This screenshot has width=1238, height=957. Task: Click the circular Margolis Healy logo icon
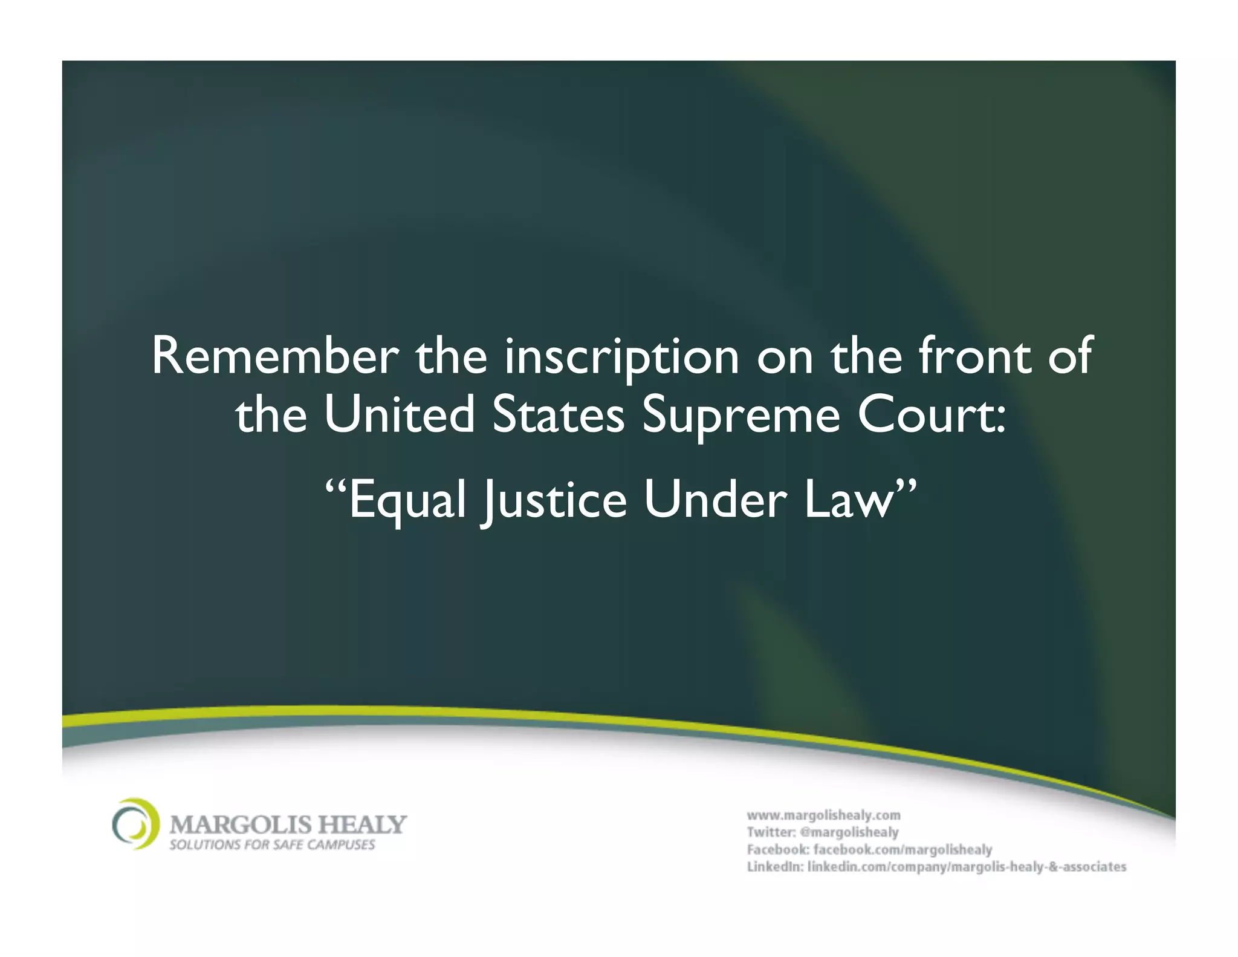pyautogui.click(x=135, y=824)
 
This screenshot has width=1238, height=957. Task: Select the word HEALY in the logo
pyautogui.click(x=363, y=825)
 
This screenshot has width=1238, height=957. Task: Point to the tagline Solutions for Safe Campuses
pyautogui.click(x=272, y=845)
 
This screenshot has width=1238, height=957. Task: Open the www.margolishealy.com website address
pyautogui.click(x=823, y=815)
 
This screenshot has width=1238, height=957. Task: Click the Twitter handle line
pyautogui.click(x=823, y=832)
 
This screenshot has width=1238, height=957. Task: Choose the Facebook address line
pyautogui.click(x=869, y=849)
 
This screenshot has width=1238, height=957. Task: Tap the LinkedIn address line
pyautogui.click(x=936, y=867)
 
